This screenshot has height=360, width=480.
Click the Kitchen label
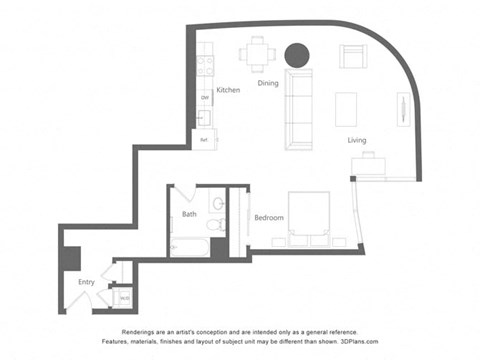pyautogui.click(x=228, y=90)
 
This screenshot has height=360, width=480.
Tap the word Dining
pyautogui.click(x=267, y=84)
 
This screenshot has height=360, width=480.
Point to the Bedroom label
pyautogui.click(x=268, y=218)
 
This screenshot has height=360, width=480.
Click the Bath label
pyautogui.click(x=189, y=214)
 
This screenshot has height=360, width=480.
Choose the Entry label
pyautogui.click(x=87, y=283)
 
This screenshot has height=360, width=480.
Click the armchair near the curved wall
pyautogui.click(x=353, y=56)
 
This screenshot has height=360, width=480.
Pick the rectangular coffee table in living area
pyautogui.click(x=346, y=108)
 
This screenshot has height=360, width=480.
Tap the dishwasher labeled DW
pyautogui.click(x=204, y=97)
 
